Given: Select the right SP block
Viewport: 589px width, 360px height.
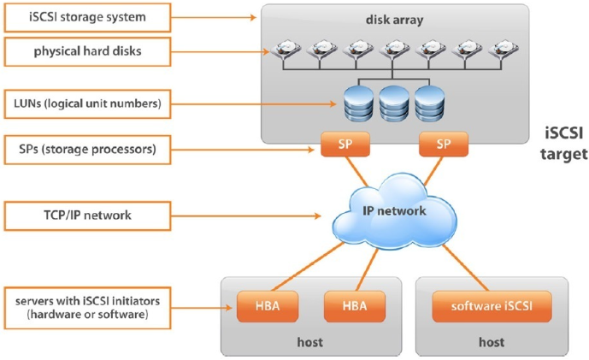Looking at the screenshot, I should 443,145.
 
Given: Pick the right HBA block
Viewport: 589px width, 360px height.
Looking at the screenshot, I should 353,304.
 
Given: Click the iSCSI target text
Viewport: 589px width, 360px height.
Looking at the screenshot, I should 565,144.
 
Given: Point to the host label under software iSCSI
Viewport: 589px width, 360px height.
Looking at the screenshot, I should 492,342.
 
